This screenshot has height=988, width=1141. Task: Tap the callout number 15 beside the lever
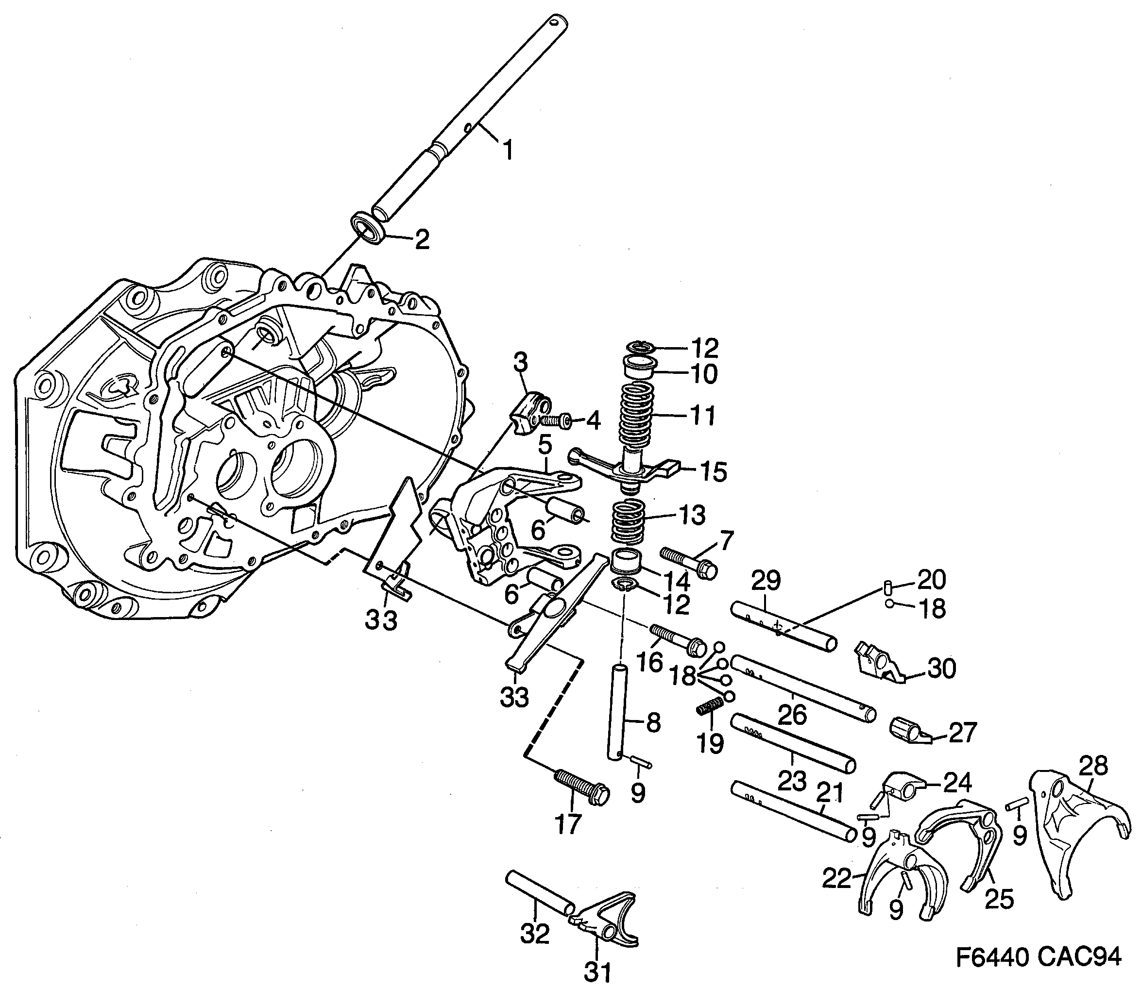pos(714,472)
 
